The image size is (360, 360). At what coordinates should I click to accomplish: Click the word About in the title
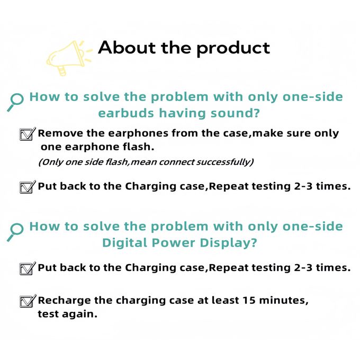[127, 48]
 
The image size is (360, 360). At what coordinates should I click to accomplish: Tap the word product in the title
[233, 49]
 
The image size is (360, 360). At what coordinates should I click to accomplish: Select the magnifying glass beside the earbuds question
[15, 102]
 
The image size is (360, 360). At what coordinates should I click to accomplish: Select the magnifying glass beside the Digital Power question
[15, 232]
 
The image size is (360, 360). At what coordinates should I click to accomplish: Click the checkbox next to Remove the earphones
[28, 134]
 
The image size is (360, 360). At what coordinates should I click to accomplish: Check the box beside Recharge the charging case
[28, 301]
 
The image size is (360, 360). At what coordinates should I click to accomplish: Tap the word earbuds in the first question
[126, 113]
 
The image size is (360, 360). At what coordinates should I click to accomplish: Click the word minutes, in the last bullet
[284, 300]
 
